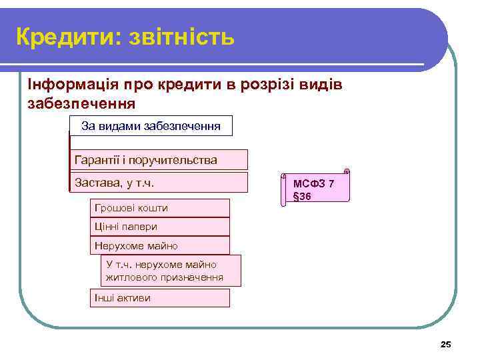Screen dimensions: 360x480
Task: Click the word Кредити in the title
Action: (62, 37)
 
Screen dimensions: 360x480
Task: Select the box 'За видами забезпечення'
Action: (151, 125)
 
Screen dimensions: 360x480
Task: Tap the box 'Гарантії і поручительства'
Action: (159, 160)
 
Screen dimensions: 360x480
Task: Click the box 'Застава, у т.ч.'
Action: (159, 183)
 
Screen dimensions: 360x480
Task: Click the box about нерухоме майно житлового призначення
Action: (171, 271)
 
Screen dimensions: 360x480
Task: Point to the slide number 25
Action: (446, 344)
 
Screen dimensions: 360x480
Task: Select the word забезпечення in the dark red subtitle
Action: (81, 103)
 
